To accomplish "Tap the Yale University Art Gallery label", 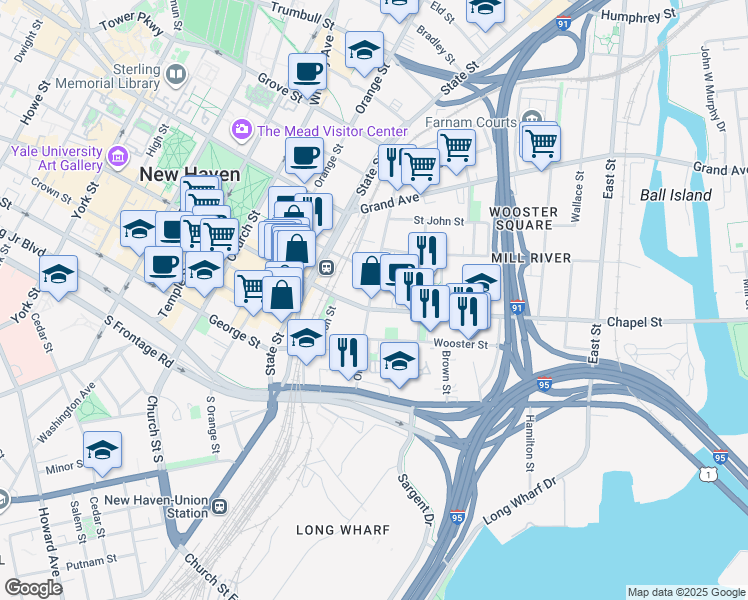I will tap(52, 149).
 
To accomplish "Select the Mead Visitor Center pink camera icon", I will tap(242, 130).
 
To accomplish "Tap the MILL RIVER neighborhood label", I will tap(537, 258).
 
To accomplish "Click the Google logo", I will tap(34, 588).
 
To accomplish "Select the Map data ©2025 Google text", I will tap(685, 592).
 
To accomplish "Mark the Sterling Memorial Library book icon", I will tap(176, 75).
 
